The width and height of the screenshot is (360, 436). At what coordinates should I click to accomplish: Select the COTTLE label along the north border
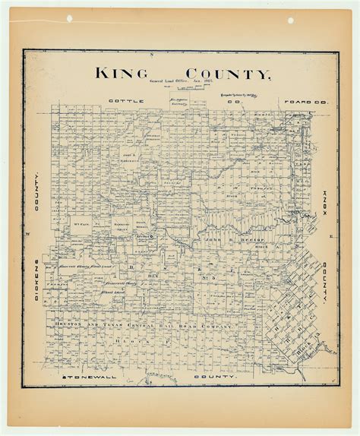(122, 100)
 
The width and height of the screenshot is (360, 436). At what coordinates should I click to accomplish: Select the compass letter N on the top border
(151, 55)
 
